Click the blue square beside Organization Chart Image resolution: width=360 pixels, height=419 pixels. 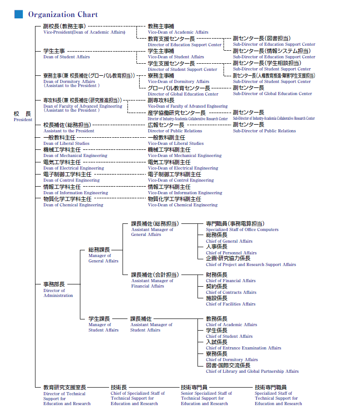(18, 14)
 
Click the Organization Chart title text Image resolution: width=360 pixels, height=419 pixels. (63, 14)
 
